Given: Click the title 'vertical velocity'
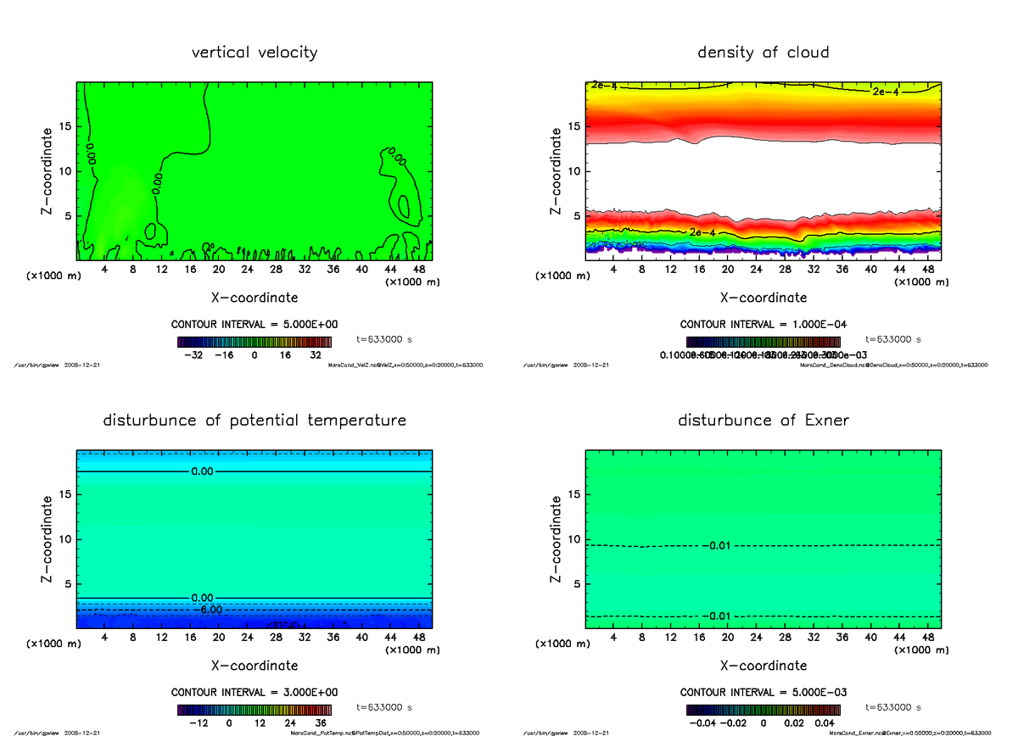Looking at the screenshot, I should tap(255, 53).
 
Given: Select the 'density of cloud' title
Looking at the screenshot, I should tap(763, 53).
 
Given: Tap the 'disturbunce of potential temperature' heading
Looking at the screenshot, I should tap(255, 421).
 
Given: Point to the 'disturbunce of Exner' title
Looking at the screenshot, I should tap(763, 421).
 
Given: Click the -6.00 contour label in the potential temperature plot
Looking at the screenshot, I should tap(208, 610).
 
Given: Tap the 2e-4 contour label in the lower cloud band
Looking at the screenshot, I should tap(701, 232).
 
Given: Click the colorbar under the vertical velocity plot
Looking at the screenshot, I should tap(255, 342).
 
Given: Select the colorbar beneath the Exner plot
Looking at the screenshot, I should tap(763, 710).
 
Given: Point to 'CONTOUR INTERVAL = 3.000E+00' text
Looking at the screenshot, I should tap(255, 692).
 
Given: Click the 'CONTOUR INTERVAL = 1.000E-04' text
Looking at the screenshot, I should tap(763, 324).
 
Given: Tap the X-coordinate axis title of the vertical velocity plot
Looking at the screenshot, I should tap(255, 298).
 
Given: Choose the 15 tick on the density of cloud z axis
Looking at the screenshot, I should tap(576, 126).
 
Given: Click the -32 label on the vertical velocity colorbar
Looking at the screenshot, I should tap(198, 355).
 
